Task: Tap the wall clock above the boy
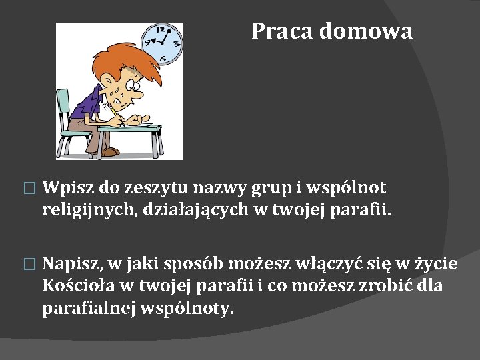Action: pos(162,43)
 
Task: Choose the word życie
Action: pos(438,265)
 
